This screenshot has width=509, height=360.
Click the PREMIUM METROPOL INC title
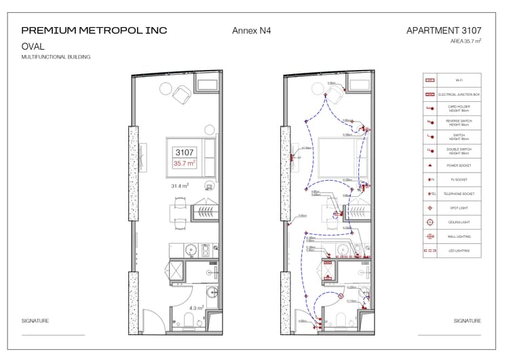point(94,31)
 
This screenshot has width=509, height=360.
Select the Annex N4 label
point(252,31)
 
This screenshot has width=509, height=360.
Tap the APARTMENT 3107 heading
point(444,31)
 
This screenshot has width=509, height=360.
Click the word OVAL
point(33,46)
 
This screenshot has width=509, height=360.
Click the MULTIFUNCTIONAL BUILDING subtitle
point(56,57)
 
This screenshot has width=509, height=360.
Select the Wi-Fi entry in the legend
point(459,80)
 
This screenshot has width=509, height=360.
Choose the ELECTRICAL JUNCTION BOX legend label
point(459,94)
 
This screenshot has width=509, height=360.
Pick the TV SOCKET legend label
point(459,180)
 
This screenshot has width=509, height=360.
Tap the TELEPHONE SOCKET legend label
point(459,194)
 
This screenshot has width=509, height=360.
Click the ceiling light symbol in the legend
point(430,222)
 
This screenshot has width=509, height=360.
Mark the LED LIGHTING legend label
point(459,251)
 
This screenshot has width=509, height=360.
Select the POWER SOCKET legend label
point(459,166)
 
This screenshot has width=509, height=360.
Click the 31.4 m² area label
point(179,185)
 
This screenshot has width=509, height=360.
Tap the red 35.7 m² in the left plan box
point(185,164)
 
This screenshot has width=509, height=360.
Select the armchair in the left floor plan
point(183,94)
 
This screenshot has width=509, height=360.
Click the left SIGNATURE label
point(35,321)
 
